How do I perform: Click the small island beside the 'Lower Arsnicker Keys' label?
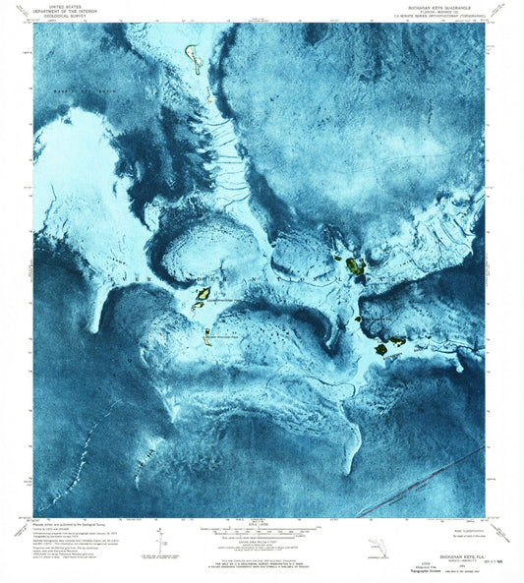tap(207, 333)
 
